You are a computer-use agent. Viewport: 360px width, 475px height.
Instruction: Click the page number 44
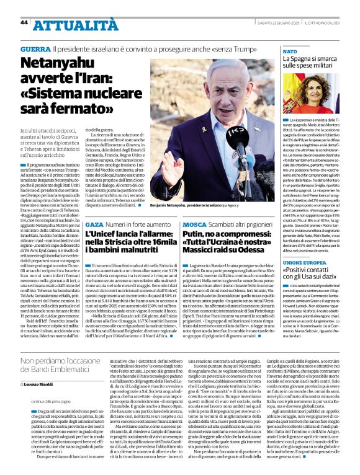[x=24, y=22]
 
